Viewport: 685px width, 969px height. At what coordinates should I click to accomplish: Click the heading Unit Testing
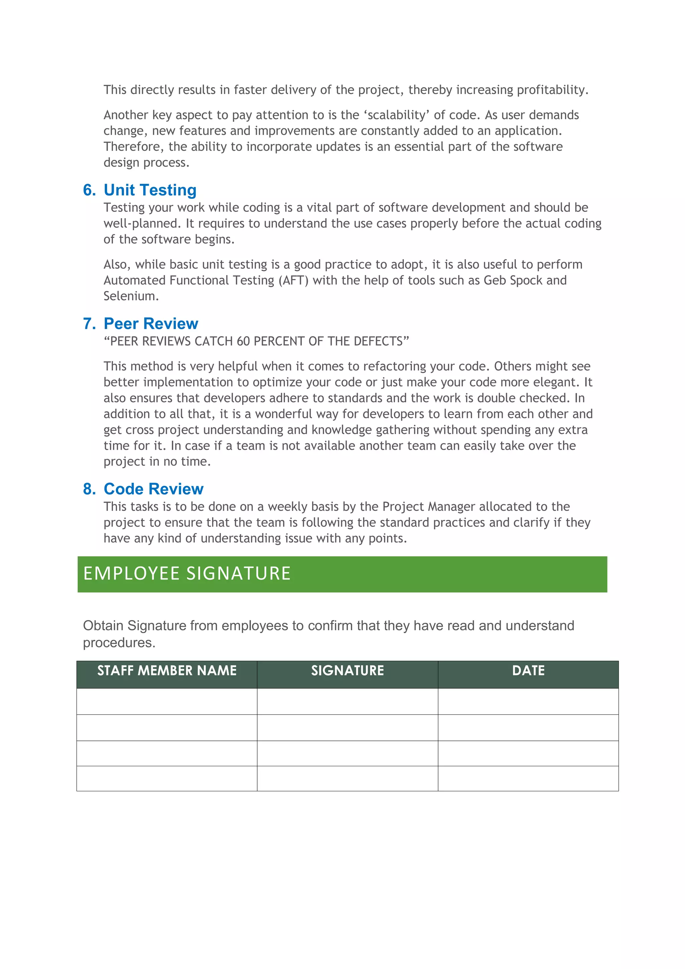(x=150, y=190)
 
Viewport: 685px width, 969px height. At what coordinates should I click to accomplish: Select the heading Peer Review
(x=151, y=324)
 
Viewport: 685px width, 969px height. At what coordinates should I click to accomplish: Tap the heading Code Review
(x=154, y=489)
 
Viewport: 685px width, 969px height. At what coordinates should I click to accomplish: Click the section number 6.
(x=89, y=190)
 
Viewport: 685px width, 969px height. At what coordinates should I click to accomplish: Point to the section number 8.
(x=89, y=489)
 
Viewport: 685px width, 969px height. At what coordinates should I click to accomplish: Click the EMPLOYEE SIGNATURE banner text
(x=187, y=574)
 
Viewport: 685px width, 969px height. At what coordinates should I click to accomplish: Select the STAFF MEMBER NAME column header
(x=167, y=671)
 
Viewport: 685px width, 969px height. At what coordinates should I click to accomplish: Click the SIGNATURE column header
(x=348, y=671)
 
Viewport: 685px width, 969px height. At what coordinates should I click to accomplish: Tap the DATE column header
(x=528, y=671)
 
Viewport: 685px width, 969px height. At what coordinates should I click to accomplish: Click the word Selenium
(x=131, y=296)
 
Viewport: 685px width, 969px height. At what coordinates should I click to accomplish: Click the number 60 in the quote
(x=243, y=341)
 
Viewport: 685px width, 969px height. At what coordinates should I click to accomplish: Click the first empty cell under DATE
(x=528, y=701)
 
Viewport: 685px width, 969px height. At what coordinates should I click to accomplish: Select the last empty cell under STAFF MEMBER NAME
(x=167, y=779)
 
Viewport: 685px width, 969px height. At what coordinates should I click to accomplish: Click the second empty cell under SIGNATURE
(x=348, y=728)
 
